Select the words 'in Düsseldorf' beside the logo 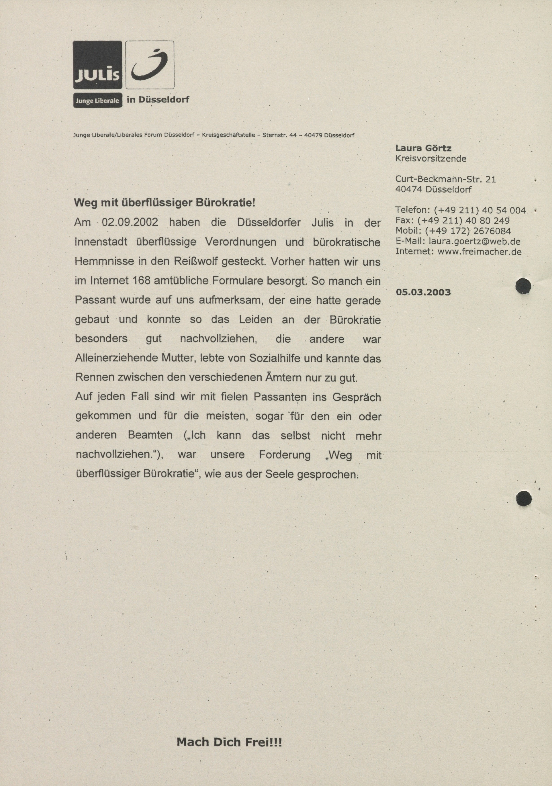click(158, 100)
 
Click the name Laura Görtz click(423, 148)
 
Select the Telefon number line click(460, 210)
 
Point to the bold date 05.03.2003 click(423, 292)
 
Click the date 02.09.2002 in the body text click(130, 222)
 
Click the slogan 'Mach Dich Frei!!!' click(229, 742)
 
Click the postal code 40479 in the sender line click(313, 135)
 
